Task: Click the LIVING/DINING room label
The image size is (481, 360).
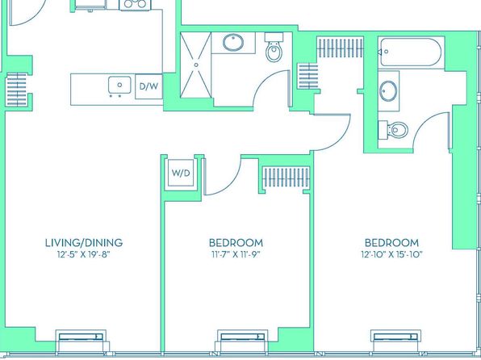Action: pyautogui.click(x=84, y=243)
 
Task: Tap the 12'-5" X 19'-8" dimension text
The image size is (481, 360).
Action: pyautogui.click(x=84, y=254)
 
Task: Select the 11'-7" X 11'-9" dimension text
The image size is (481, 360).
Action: pyautogui.click(x=236, y=254)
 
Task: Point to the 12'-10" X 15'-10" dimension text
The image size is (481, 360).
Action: pyautogui.click(x=391, y=254)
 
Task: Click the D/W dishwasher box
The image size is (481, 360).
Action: pyautogui.click(x=148, y=86)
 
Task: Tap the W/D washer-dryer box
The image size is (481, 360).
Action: pyautogui.click(x=181, y=173)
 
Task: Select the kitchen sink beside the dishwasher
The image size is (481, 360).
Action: pyautogui.click(x=119, y=85)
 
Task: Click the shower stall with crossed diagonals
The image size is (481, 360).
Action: pyautogui.click(x=196, y=65)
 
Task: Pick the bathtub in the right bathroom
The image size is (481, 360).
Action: pyautogui.click(x=411, y=51)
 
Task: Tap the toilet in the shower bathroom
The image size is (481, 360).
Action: pyautogui.click(x=274, y=48)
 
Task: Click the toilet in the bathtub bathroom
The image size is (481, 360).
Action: pyautogui.click(x=393, y=130)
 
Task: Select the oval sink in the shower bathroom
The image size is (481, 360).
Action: pyautogui.click(x=233, y=42)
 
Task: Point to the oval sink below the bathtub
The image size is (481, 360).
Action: pyautogui.click(x=388, y=91)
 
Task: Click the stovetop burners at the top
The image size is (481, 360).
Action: pyautogui.click(x=135, y=4)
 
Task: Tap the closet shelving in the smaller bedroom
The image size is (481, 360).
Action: pyautogui.click(x=287, y=177)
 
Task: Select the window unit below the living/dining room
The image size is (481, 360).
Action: pyautogui.click(x=81, y=341)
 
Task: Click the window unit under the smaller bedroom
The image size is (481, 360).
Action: pyautogui.click(x=242, y=341)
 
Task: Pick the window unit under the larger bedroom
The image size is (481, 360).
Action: pyautogui.click(x=395, y=341)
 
